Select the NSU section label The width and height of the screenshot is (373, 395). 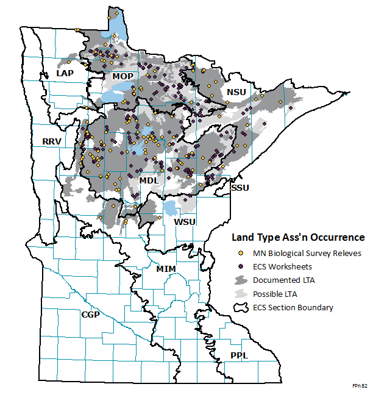pyautogui.click(x=237, y=92)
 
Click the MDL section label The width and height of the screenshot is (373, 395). pyautogui.click(x=149, y=180)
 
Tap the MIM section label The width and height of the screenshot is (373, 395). pyautogui.click(x=166, y=269)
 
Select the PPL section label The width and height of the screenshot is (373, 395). pyautogui.click(x=239, y=355)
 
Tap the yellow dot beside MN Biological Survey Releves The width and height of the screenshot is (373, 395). pyautogui.click(x=241, y=253)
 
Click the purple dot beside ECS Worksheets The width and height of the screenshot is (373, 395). pyautogui.click(x=241, y=266)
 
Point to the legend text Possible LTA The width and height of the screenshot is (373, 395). pyautogui.click(x=277, y=294)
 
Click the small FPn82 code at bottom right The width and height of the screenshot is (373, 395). pyautogui.click(x=360, y=386)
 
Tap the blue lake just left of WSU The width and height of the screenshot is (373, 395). pyautogui.click(x=171, y=208)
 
